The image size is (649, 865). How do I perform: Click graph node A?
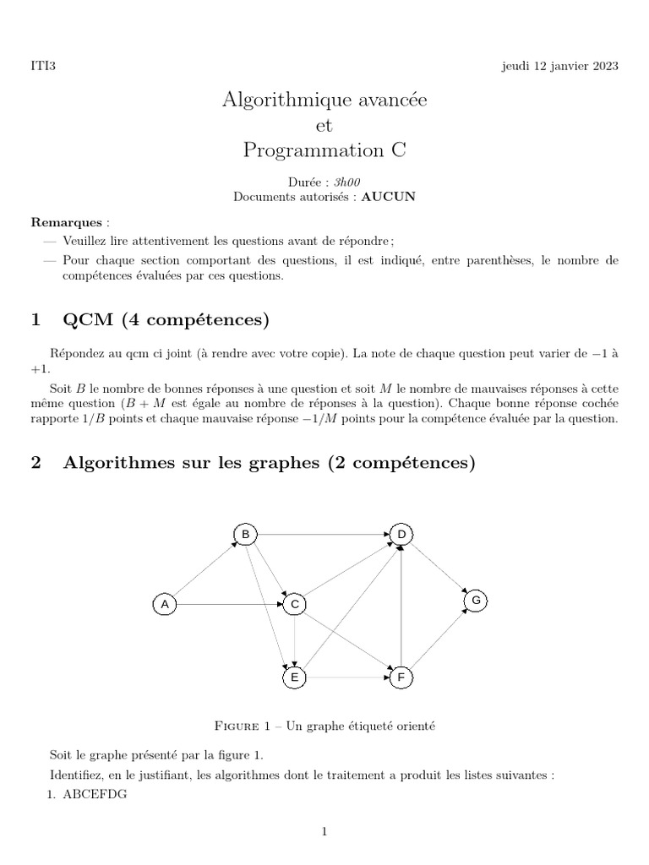[x=165, y=604]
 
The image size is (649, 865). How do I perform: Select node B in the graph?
[x=244, y=534]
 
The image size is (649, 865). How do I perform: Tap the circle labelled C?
[x=294, y=604]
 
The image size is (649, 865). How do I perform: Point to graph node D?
[x=401, y=534]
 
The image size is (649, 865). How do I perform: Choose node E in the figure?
[x=294, y=677]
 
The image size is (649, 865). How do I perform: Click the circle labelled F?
[x=401, y=677]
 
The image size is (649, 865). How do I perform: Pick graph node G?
[x=476, y=601]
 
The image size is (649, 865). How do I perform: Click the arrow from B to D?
[x=322, y=534]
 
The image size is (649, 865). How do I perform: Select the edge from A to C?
[x=229, y=604]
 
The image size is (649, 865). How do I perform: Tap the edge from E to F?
[x=347, y=677]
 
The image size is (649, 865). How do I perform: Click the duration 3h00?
[x=336, y=182]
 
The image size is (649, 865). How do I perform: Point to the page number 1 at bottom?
[x=324, y=832]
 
